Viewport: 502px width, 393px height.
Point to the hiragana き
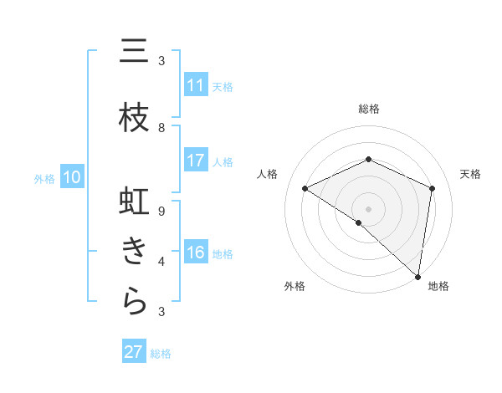pyautogui.click(x=134, y=252)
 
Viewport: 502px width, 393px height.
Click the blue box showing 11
pyautogui.click(x=196, y=85)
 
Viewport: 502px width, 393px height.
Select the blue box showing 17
pyautogui.click(x=196, y=161)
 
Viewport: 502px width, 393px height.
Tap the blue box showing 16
pyautogui.click(x=196, y=253)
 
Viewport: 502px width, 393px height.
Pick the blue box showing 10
pyautogui.click(x=72, y=177)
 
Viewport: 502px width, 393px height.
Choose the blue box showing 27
pyautogui.click(x=134, y=352)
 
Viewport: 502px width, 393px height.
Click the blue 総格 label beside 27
pyautogui.click(x=161, y=354)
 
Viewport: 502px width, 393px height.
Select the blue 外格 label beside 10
pyautogui.click(x=44, y=178)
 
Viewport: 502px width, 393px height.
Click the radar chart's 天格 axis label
pyautogui.click(x=470, y=174)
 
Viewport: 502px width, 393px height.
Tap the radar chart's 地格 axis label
pyautogui.click(x=438, y=286)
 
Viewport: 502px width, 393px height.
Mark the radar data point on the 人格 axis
pyautogui.click(x=305, y=189)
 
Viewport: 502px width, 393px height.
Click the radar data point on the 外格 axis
pyautogui.click(x=359, y=222)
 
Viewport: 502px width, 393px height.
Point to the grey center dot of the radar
pyautogui.click(x=369, y=208)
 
